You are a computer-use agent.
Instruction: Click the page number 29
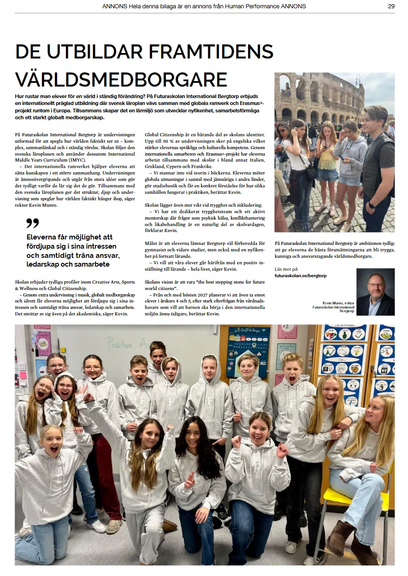click(x=391, y=6)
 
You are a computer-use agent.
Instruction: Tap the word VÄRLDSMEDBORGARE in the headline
click(x=121, y=79)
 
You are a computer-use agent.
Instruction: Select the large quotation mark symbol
click(x=32, y=224)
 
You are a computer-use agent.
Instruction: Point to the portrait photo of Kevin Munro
click(x=375, y=292)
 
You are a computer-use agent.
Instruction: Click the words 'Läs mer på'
click(x=286, y=269)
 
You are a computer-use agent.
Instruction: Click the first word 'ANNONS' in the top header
click(x=113, y=6)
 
